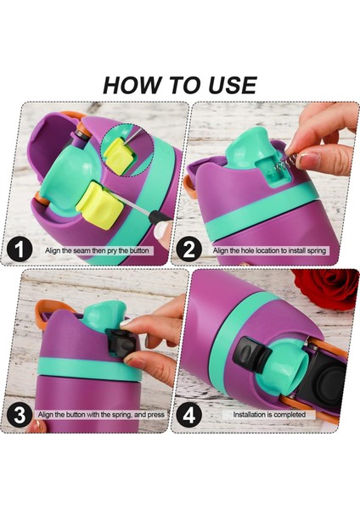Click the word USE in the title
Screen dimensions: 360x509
tap(233, 85)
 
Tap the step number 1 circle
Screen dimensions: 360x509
tap(20, 250)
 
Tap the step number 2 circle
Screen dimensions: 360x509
tap(188, 250)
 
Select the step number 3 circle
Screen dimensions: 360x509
tap(20, 415)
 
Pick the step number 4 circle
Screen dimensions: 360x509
tap(188, 415)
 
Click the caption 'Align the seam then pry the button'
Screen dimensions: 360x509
tap(97, 250)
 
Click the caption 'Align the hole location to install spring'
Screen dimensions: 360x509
tap(269, 250)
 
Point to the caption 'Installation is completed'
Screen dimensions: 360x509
tap(269, 415)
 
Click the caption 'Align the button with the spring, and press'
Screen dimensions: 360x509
tap(101, 415)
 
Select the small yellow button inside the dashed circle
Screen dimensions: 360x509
tap(119, 155)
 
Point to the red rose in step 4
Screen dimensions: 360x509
tap(326, 288)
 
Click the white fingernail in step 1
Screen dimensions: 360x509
tap(161, 231)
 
